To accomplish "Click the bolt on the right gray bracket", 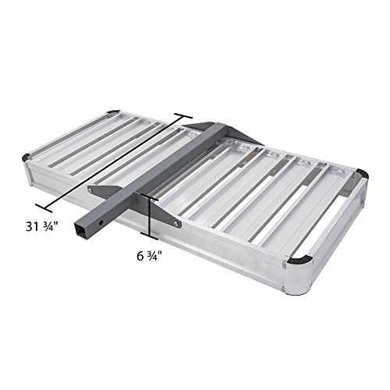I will pos(177,224).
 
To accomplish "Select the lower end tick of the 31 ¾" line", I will pos(49,207).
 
